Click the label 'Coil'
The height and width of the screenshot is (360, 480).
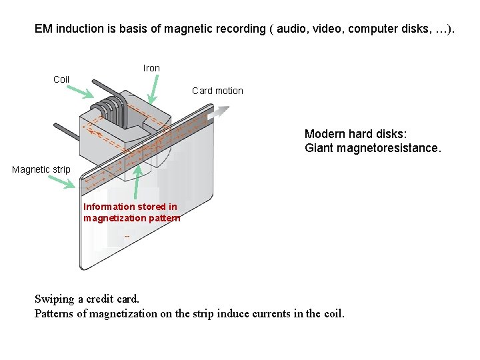pos(61,79)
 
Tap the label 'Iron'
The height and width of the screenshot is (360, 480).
pos(151,68)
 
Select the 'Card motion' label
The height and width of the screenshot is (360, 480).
pos(217,91)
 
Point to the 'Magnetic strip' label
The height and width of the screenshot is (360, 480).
pos(41,169)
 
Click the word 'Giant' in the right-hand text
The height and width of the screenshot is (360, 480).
pos(319,147)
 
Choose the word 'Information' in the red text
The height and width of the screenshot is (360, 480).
pos(107,207)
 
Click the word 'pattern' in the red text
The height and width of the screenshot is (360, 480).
pos(165,218)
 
